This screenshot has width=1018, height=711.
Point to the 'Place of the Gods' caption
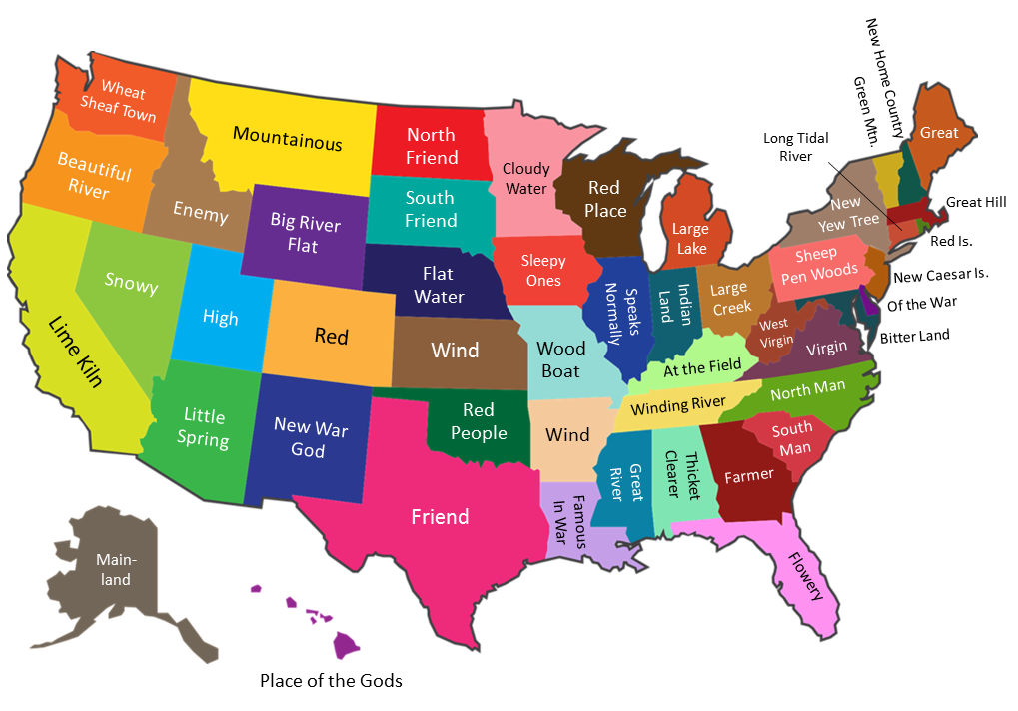[x=331, y=681]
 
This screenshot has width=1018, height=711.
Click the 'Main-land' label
[x=114, y=570]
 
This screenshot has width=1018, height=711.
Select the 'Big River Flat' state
[x=305, y=234]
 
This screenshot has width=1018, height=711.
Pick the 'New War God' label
[x=311, y=437]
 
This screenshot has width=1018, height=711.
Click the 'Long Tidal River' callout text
[x=795, y=147]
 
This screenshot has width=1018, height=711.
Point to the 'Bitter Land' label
[x=914, y=336]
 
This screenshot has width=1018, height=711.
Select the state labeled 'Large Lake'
[x=690, y=239]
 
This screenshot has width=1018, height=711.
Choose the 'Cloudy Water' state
[x=525, y=179]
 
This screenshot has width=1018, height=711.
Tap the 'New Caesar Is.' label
[x=940, y=276]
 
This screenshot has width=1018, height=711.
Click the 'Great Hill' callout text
[x=976, y=202]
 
